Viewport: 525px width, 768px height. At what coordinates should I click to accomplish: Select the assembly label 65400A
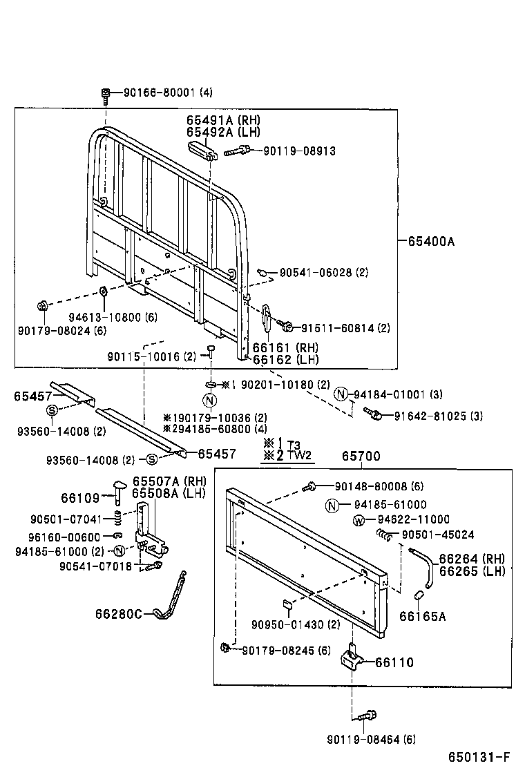pyautogui.click(x=432, y=241)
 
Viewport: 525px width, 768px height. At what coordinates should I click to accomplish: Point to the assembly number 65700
pyautogui.click(x=361, y=457)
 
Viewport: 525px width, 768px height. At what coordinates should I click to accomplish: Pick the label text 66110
pyautogui.click(x=394, y=662)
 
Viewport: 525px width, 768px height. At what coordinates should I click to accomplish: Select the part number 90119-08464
pyautogui.click(x=370, y=740)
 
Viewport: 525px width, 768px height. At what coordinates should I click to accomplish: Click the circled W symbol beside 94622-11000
pyautogui.click(x=359, y=519)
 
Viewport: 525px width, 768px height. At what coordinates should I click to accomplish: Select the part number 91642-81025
pyautogui.click(x=437, y=416)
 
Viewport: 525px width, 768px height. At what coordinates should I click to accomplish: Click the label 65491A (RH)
pyautogui.click(x=222, y=120)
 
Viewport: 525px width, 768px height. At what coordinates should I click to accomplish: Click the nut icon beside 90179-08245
pyautogui.click(x=225, y=647)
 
